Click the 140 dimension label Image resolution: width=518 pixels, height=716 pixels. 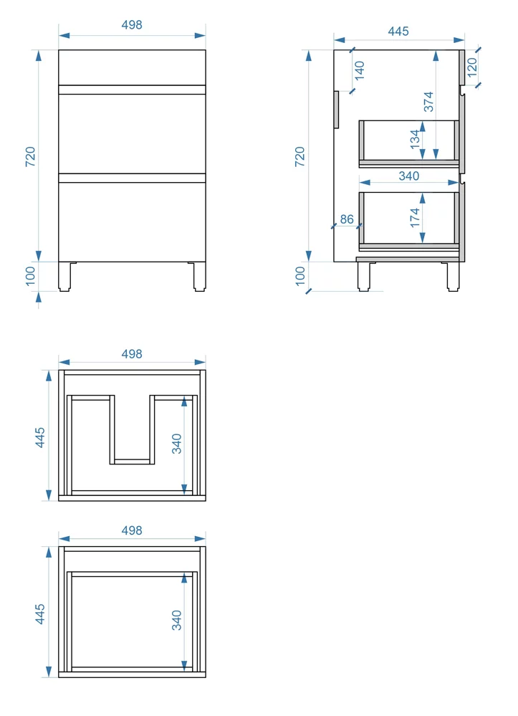(360, 70)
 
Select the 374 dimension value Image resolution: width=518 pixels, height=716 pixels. (428, 102)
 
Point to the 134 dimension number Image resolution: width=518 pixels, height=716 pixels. (414, 139)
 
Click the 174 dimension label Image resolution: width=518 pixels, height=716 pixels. (414, 217)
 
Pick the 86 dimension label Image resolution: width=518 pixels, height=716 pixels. (347, 219)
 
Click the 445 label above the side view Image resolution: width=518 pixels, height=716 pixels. (398, 31)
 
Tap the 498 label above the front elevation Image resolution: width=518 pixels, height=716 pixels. (132, 24)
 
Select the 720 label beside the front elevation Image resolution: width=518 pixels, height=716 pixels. (30, 157)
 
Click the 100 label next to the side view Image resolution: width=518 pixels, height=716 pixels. (300, 276)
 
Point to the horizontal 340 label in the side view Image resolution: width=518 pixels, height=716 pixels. (409, 176)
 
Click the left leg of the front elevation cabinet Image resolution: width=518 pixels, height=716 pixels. (64, 276)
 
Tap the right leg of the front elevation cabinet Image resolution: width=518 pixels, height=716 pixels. (199, 276)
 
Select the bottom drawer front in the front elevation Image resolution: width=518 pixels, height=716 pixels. (132, 222)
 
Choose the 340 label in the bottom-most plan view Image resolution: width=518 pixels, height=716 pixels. (177, 620)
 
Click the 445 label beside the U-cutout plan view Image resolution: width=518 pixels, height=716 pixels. (40, 437)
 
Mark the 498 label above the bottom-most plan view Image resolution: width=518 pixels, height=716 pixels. (132, 530)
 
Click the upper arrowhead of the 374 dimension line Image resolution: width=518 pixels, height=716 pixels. (436, 56)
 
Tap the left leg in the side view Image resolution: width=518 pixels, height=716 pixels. (363, 276)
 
